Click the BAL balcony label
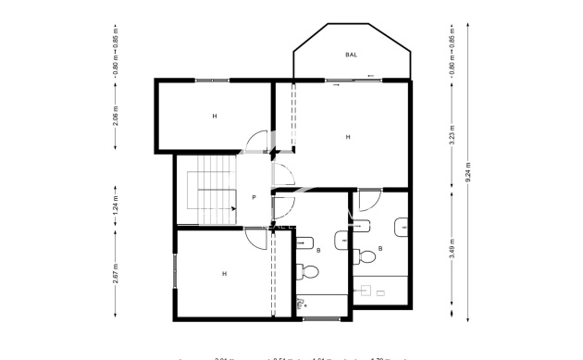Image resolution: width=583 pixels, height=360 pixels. click(352, 55)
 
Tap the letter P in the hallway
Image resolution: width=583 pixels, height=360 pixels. click(254, 198)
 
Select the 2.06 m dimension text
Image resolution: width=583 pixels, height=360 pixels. click(116, 116)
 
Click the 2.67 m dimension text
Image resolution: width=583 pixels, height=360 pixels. click(116, 276)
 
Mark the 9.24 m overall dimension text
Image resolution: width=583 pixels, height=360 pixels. click(468, 172)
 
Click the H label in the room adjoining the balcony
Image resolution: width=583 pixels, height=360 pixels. click(348, 137)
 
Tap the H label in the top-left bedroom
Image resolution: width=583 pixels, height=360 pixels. click(214, 116)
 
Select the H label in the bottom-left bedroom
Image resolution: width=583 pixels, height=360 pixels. click(224, 273)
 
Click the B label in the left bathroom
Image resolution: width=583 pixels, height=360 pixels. click(318, 250)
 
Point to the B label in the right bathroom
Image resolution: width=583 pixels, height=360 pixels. click(381, 249)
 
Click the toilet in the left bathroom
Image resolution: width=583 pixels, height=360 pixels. click(307, 271)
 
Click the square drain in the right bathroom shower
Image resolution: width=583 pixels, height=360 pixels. click(380, 292)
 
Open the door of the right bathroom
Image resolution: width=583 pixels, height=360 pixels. click(369, 199)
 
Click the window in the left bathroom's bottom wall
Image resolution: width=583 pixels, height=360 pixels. click(321, 319)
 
